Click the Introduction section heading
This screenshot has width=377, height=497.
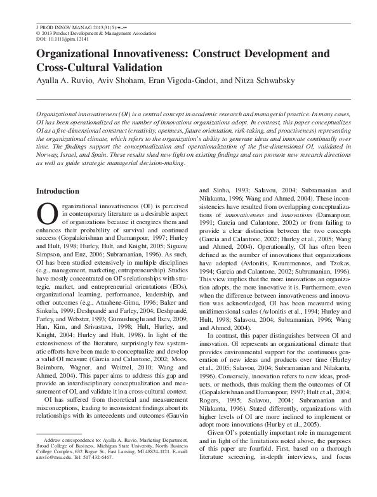pos(58,191)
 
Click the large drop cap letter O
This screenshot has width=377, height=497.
pos(47,217)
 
